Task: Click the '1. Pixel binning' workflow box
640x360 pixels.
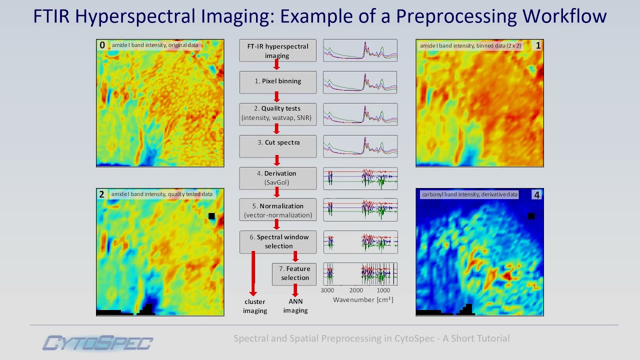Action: (277, 82)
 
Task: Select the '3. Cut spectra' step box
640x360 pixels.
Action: (277, 145)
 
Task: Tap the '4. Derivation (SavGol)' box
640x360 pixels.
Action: (277, 178)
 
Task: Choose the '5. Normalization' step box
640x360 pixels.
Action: (277, 210)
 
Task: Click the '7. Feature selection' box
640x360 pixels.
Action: (294, 273)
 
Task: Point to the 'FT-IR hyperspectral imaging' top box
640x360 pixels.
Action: (277, 50)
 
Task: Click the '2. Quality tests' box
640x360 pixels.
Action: (277, 113)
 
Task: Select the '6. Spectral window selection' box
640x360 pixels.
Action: (277, 241)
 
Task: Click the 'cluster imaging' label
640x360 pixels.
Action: (255, 306)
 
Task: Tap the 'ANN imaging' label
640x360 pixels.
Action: (295, 306)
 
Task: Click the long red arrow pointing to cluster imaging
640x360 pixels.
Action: (253, 272)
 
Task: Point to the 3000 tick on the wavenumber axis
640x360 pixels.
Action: (327, 290)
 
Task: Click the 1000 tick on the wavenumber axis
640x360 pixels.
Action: (383, 290)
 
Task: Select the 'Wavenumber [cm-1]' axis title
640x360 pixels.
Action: (363, 299)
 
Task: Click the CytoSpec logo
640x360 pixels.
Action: (98, 343)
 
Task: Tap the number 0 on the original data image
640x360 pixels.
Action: (102, 45)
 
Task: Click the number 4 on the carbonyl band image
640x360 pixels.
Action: (536, 195)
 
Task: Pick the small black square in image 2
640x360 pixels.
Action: (211, 216)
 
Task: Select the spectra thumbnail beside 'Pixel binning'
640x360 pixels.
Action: (360, 82)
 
